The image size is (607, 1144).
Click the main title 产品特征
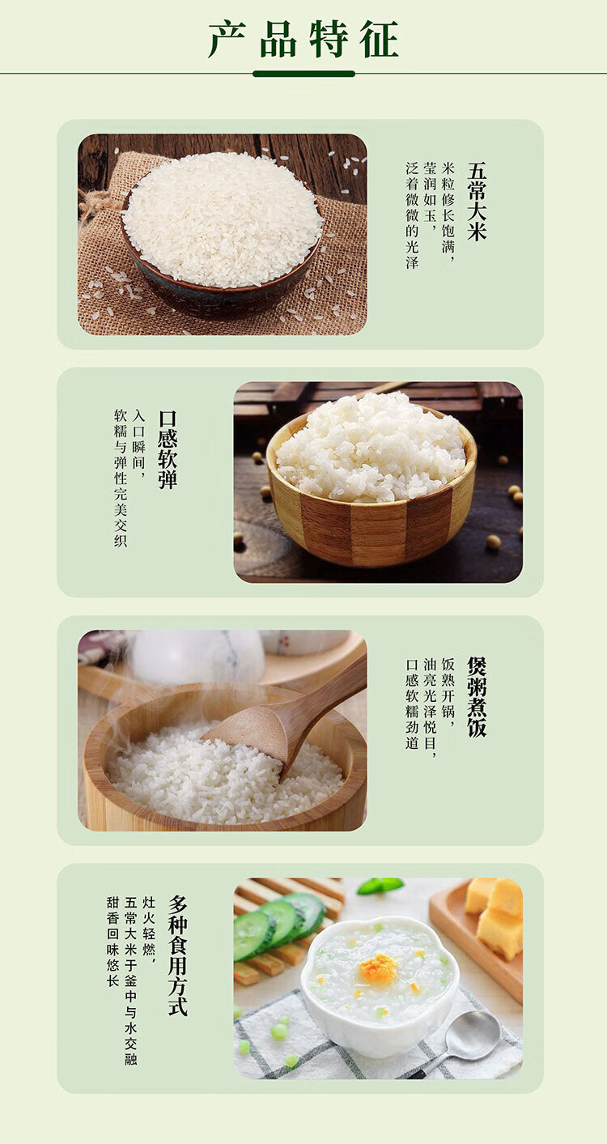303,40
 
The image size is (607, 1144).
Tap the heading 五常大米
477,202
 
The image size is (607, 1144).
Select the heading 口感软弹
168,449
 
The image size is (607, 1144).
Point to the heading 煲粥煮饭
477,697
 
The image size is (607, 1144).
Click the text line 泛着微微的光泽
412,215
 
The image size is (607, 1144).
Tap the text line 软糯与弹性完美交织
121,478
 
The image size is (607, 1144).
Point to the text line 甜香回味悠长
112,942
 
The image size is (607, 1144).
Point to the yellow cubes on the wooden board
495,916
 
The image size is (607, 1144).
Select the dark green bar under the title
303,74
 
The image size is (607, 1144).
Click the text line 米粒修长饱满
448,215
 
